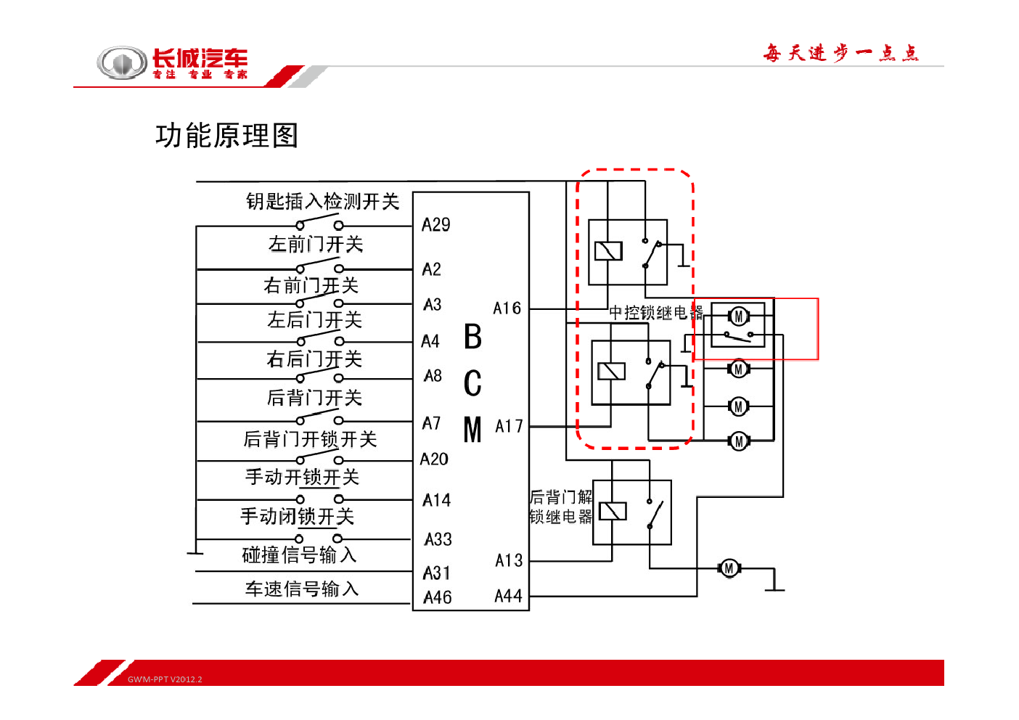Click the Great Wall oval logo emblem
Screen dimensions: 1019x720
pyautogui.click(x=122, y=62)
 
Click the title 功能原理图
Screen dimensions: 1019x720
pyautogui.click(x=226, y=136)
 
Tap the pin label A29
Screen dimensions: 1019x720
pyautogui.click(x=435, y=225)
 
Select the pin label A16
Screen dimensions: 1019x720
pyautogui.click(x=507, y=308)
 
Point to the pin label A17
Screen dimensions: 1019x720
pyautogui.click(x=509, y=427)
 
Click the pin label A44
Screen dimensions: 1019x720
pyautogui.click(x=509, y=596)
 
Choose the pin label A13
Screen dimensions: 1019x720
pyautogui.click(x=509, y=560)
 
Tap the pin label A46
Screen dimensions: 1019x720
pyautogui.click(x=438, y=597)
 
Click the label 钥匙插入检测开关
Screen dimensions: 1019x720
pyautogui.click(x=323, y=202)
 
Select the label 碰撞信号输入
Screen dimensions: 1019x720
pyautogui.click(x=299, y=555)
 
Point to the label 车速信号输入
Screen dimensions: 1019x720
pyautogui.click(x=302, y=589)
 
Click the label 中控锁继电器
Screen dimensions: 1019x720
pyautogui.click(x=656, y=313)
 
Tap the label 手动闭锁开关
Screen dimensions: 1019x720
pyautogui.click(x=298, y=517)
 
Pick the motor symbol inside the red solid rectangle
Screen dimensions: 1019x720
pyautogui.click(x=739, y=316)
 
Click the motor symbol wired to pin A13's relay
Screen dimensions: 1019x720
pyautogui.click(x=729, y=568)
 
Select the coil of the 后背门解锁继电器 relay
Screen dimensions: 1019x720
pyautogui.click(x=613, y=512)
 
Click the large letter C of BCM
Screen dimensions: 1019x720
pyautogui.click(x=472, y=383)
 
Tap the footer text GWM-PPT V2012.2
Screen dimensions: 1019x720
pyautogui.click(x=165, y=679)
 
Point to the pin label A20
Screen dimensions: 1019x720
pyautogui.click(x=435, y=459)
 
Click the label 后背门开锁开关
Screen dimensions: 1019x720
pyautogui.click(x=310, y=439)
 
